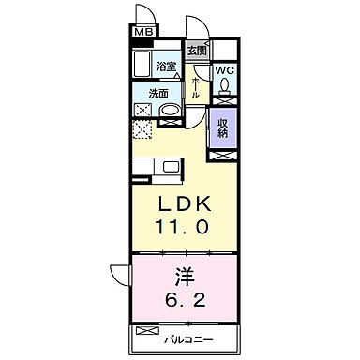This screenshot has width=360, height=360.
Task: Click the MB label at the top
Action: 142,32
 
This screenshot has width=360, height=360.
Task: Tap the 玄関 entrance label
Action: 196,52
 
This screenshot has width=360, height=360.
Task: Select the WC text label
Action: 226,70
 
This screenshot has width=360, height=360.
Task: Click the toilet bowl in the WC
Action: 225,87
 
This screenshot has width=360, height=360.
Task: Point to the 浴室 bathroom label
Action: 167,67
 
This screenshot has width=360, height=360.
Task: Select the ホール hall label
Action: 195,90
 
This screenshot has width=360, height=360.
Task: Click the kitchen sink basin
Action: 172,168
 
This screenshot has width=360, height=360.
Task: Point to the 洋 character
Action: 186,277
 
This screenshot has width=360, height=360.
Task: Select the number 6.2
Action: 186,302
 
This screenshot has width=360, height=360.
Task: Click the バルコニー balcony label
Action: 196,332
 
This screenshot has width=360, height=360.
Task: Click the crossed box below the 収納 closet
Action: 225,151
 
